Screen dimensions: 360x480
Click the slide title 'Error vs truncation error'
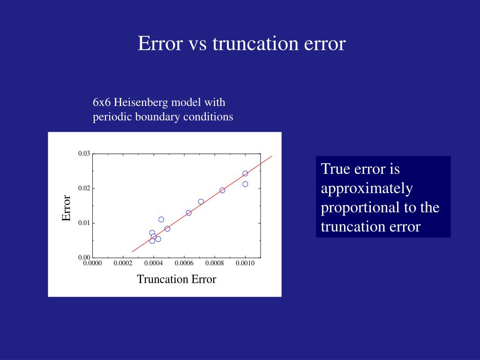coord(241,44)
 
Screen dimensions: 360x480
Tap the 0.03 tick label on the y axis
coord(84,154)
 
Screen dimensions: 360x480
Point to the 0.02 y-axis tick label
coord(84,188)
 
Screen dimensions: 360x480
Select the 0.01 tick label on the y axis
coord(84,223)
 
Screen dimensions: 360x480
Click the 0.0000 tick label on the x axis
coord(92,263)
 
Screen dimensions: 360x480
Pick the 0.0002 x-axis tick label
coord(123,263)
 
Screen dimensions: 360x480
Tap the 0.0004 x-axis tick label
coord(153,263)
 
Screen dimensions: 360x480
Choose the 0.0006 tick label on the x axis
coord(184,263)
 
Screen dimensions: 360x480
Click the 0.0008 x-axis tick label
coord(214,263)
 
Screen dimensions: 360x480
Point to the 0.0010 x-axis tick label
coord(245,263)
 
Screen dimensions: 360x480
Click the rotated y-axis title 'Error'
coord(67,209)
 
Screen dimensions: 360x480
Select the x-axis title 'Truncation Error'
coord(176,279)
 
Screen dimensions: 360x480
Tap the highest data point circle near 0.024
coord(245,173)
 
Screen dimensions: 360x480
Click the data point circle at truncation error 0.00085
coord(222,190)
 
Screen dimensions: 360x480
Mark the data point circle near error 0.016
coord(201,202)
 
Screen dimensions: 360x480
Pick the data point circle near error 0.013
coord(188,213)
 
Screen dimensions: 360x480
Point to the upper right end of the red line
coord(272,156)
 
